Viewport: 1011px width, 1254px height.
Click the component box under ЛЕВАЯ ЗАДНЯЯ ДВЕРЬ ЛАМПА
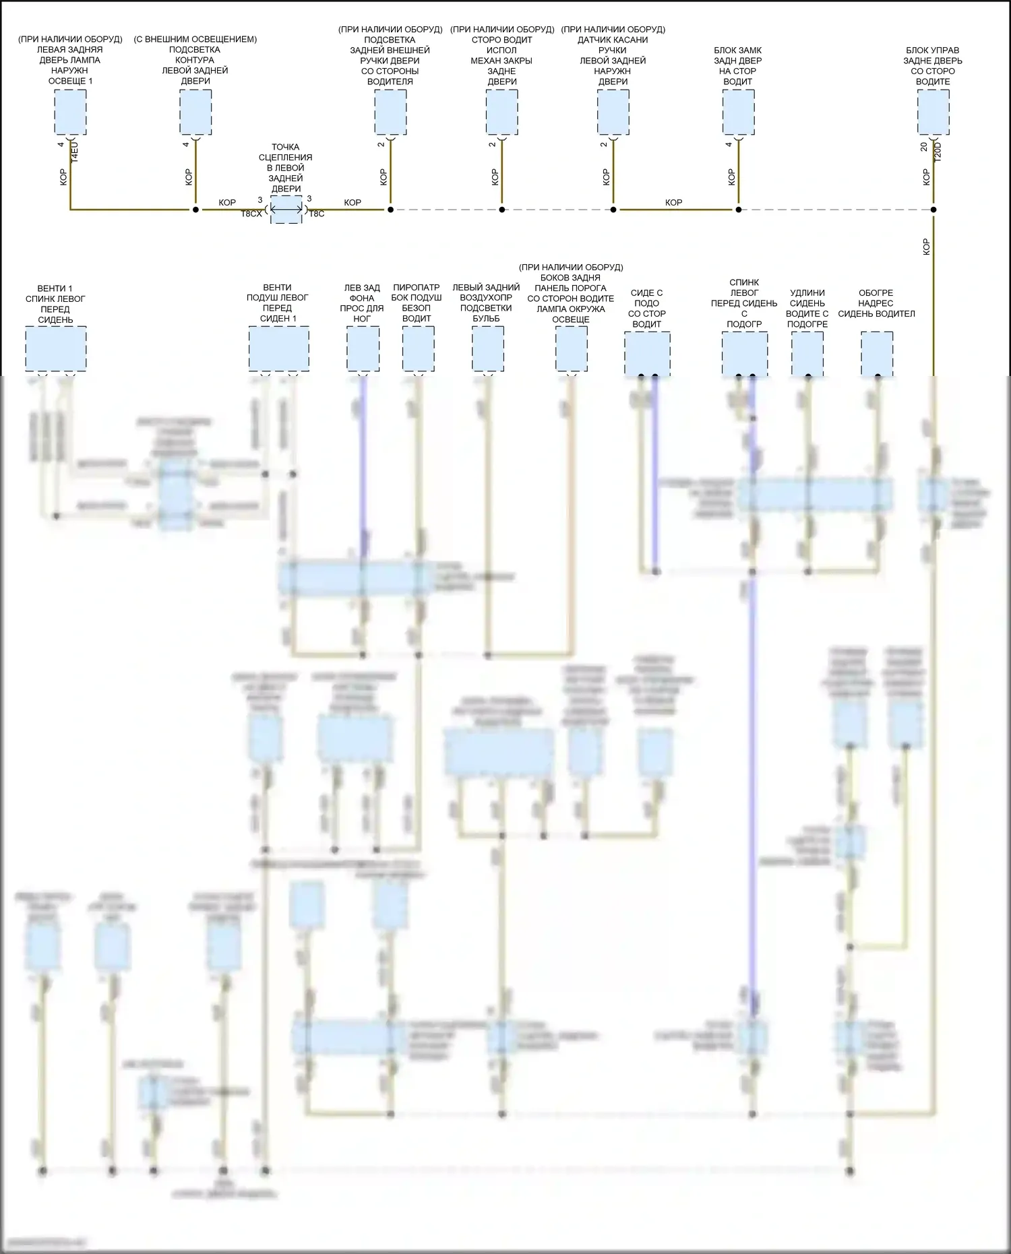click(70, 112)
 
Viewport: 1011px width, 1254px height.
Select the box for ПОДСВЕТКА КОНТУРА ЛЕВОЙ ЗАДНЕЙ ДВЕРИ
click(195, 112)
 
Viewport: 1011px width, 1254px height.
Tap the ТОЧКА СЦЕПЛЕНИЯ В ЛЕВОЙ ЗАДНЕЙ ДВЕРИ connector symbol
click(286, 210)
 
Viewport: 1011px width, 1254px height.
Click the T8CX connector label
click(251, 214)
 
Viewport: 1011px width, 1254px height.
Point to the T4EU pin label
click(75, 152)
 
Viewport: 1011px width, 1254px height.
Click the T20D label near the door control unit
click(938, 152)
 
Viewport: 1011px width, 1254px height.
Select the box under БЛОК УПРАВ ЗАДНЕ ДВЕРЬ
click(933, 112)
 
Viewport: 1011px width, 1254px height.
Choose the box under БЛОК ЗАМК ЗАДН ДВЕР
click(738, 112)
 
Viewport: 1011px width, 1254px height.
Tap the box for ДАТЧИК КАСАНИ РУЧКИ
click(613, 112)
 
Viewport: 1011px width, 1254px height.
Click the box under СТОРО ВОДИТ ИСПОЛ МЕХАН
click(501, 112)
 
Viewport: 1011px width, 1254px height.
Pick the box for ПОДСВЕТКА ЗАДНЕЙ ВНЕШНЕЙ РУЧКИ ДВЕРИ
click(390, 112)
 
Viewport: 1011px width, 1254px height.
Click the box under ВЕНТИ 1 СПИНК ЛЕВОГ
click(56, 348)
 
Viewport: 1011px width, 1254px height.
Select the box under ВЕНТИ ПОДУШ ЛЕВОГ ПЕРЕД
click(279, 348)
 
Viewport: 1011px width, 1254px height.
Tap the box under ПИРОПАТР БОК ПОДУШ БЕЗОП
click(418, 348)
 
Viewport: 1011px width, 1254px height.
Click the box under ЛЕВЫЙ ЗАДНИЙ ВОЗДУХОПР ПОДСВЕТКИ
click(487, 348)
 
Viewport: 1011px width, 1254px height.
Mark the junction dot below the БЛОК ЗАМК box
click(739, 210)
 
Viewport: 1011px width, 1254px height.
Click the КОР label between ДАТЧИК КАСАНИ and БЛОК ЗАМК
click(673, 202)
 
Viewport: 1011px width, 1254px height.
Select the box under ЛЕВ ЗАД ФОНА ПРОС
click(363, 348)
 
